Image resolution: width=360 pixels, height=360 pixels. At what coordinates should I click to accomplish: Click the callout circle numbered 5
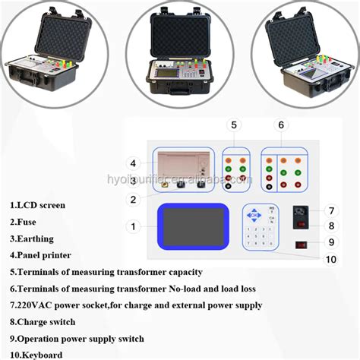pos(234,125)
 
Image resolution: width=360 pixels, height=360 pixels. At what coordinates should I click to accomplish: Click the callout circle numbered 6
pos(281,125)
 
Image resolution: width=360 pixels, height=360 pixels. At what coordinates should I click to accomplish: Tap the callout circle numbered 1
pos(134,226)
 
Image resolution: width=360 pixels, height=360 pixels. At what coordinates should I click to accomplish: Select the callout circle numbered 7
pos(331,210)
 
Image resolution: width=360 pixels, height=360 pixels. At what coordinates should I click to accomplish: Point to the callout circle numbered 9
pos(331,242)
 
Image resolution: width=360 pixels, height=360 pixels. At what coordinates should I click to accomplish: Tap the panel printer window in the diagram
pos(180,166)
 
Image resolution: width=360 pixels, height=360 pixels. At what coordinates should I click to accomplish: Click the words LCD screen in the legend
pos(43,205)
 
